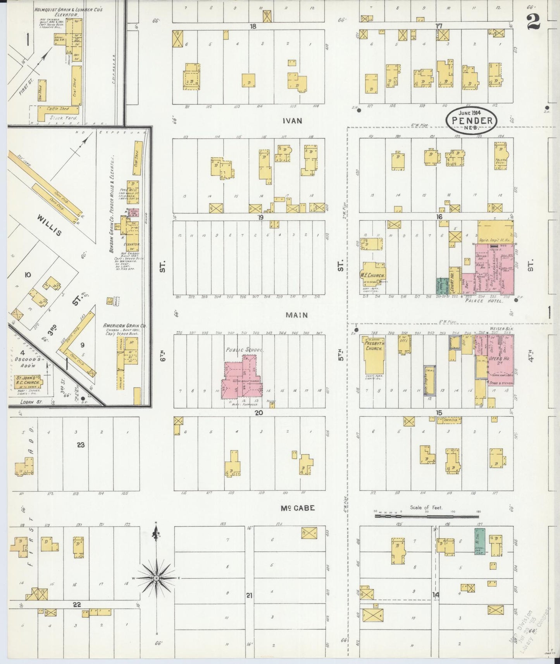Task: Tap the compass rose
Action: pyautogui.click(x=156, y=578)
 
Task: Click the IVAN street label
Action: pyautogui.click(x=292, y=121)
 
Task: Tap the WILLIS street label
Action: pyautogui.click(x=50, y=226)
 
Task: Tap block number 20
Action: pyautogui.click(x=258, y=413)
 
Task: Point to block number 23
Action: pyautogui.click(x=81, y=445)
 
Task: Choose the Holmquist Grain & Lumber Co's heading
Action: pyautogui.click(x=68, y=12)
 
